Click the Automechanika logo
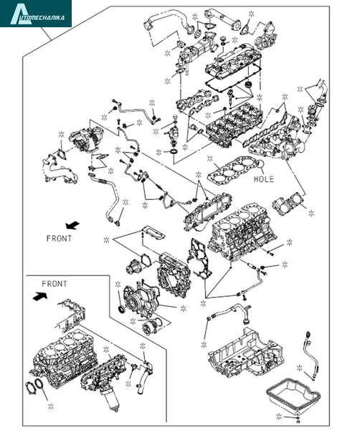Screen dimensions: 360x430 pyautogui.click(x=36, y=14)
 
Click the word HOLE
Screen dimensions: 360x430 pyautogui.click(x=264, y=179)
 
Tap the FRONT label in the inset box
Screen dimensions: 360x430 pyautogui.click(x=55, y=284)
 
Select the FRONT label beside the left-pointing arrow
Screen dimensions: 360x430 pyautogui.click(x=59, y=239)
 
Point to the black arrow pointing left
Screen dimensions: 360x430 pyautogui.click(x=72, y=225)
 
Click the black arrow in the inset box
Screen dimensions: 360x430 pyautogui.click(x=39, y=297)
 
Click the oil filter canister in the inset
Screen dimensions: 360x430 pyautogui.click(x=110, y=401)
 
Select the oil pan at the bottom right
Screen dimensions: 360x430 pyautogui.click(x=293, y=396)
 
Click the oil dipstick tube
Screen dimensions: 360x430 pyautogui.click(x=310, y=355)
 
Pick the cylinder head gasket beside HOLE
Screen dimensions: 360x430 pyautogui.click(x=233, y=171)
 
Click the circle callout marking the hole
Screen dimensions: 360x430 pyautogui.click(x=260, y=163)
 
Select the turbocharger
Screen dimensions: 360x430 pyautogui.click(x=85, y=140)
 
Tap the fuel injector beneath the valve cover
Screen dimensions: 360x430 pyautogui.click(x=231, y=98)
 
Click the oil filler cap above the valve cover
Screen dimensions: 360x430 pyautogui.click(x=223, y=39)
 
